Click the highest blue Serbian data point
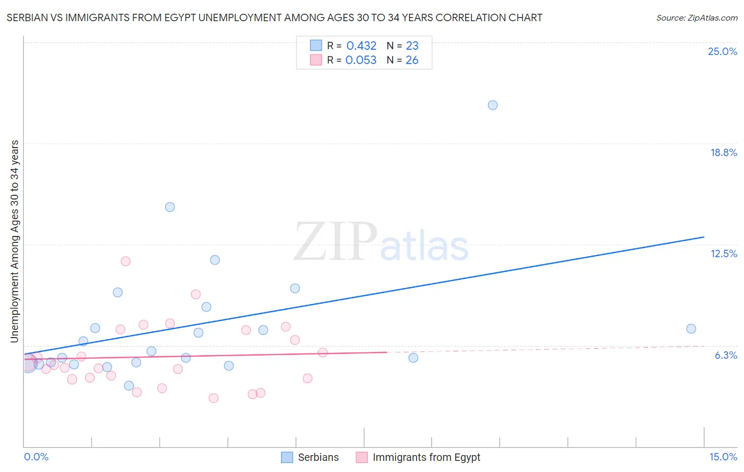(x=493, y=105)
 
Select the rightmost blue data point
(x=691, y=329)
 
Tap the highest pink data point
(x=125, y=261)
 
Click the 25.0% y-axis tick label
(x=722, y=51)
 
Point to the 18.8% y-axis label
(x=723, y=152)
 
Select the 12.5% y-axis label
(x=723, y=253)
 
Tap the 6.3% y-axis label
(x=725, y=355)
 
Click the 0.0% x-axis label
(x=36, y=457)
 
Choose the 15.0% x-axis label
(x=723, y=457)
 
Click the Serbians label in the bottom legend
(x=318, y=457)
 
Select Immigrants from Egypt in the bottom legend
(x=427, y=457)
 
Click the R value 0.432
(x=361, y=46)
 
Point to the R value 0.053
(x=361, y=60)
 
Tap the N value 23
(x=412, y=46)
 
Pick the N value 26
(x=412, y=60)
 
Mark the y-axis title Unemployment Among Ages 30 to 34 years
(x=15, y=241)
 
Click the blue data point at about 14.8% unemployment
(x=170, y=207)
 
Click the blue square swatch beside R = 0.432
(x=316, y=46)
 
